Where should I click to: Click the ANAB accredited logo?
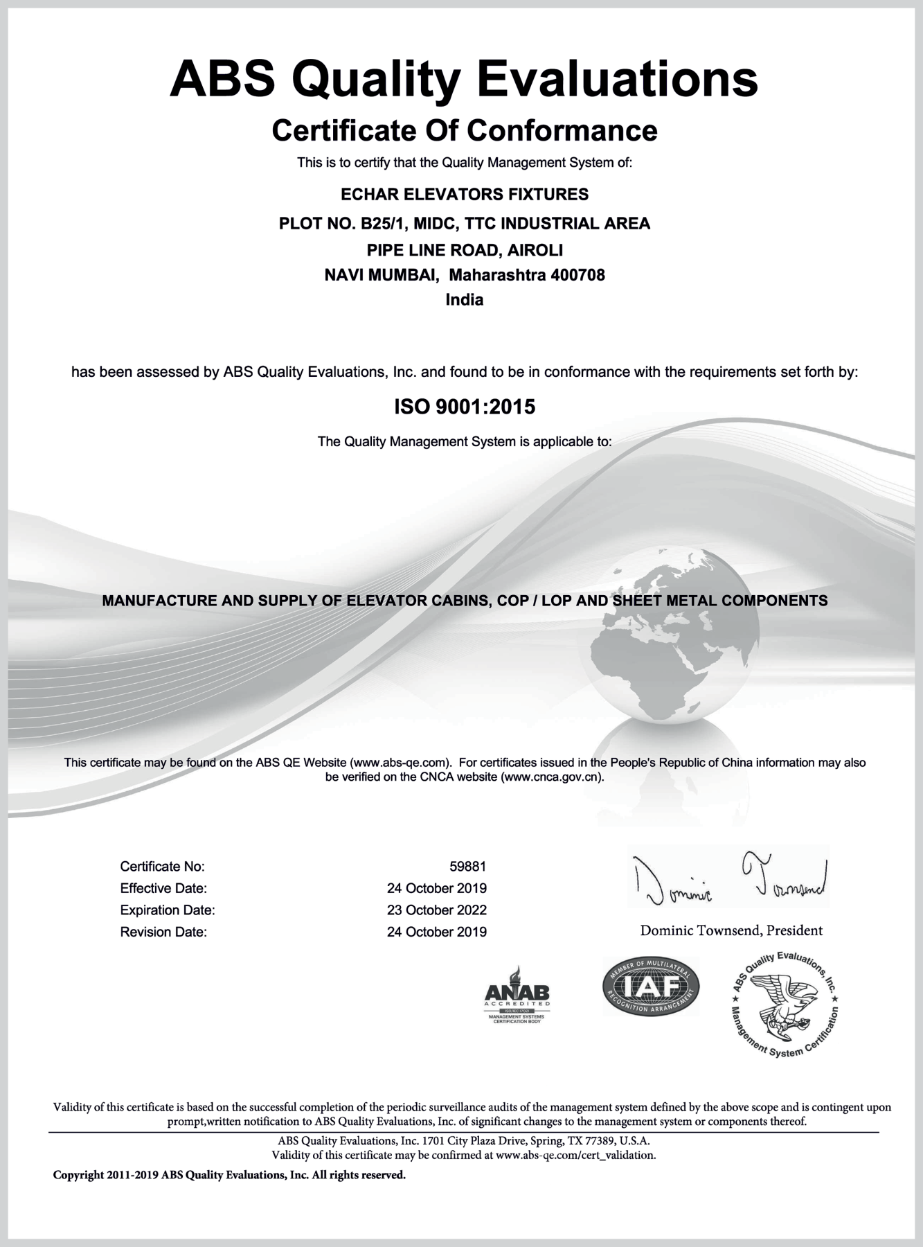[x=517, y=995]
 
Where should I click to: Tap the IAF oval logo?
[x=651, y=986]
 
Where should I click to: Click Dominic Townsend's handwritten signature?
[x=728, y=878]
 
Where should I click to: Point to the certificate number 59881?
[x=468, y=866]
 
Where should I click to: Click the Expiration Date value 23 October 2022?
[x=437, y=910]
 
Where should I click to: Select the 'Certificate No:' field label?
[x=162, y=866]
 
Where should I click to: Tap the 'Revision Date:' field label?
[x=163, y=932]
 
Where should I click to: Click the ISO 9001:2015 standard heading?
[x=465, y=407]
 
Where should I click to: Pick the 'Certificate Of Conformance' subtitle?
[x=465, y=130]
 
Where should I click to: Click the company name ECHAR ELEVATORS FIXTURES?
[x=465, y=194]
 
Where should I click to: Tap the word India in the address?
[x=465, y=300]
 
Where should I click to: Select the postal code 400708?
[x=577, y=275]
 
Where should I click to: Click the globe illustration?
[x=665, y=644]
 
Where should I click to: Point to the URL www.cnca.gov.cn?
[x=551, y=777]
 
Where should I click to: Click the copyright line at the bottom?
[x=229, y=1175]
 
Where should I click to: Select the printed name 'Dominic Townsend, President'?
[x=731, y=930]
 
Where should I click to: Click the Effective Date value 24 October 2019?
[x=437, y=888]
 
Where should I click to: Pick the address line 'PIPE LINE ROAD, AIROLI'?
[x=465, y=249]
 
